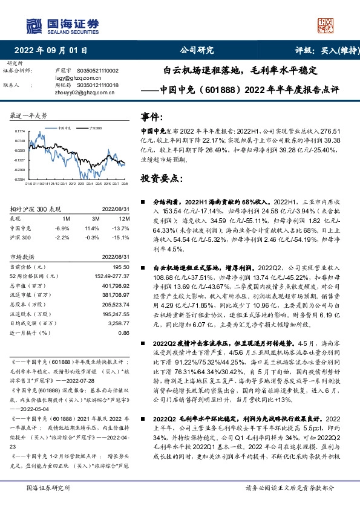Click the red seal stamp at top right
[x=326, y=25]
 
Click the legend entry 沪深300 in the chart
[x=95, y=129]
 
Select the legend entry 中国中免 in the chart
[x=67, y=129]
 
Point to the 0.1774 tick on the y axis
[x=19, y=131]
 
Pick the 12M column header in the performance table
[x=125, y=219]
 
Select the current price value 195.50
[x=122, y=267]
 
